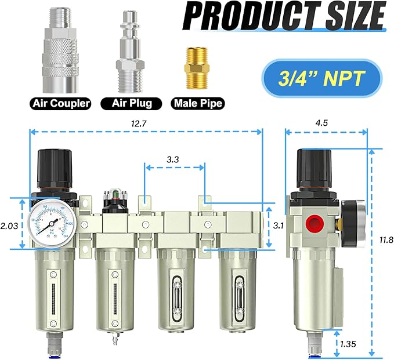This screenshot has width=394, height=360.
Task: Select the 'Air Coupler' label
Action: pyautogui.click(x=61, y=104)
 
